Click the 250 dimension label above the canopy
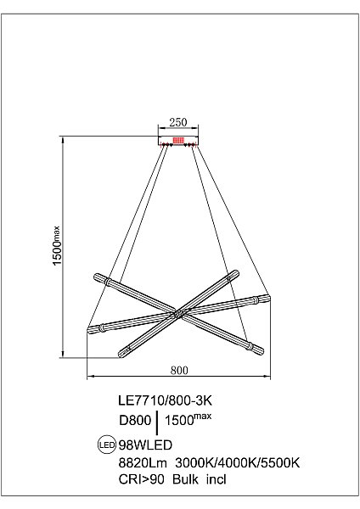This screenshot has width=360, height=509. pyautogui.click(x=178, y=122)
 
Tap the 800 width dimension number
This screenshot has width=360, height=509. pyautogui.click(x=179, y=370)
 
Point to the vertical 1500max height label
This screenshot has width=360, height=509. pyautogui.click(x=56, y=245)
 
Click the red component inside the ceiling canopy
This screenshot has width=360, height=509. pyautogui.click(x=178, y=140)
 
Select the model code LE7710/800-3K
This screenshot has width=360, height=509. pyautogui.click(x=165, y=400)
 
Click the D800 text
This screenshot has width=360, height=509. pyautogui.click(x=135, y=420)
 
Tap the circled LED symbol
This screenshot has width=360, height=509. pyautogui.click(x=107, y=445)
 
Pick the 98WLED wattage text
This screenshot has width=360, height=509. pyautogui.click(x=145, y=445)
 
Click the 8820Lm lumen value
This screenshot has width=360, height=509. pyautogui.click(x=143, y=462)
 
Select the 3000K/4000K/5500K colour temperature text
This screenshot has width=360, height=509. pyautogui.click(x=237, y=462)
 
